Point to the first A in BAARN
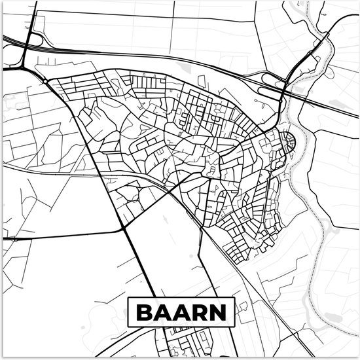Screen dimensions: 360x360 tap(162, 311)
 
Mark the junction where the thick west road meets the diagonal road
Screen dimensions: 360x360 tap(124, 228)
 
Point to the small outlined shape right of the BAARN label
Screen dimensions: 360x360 tap(243, 306)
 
